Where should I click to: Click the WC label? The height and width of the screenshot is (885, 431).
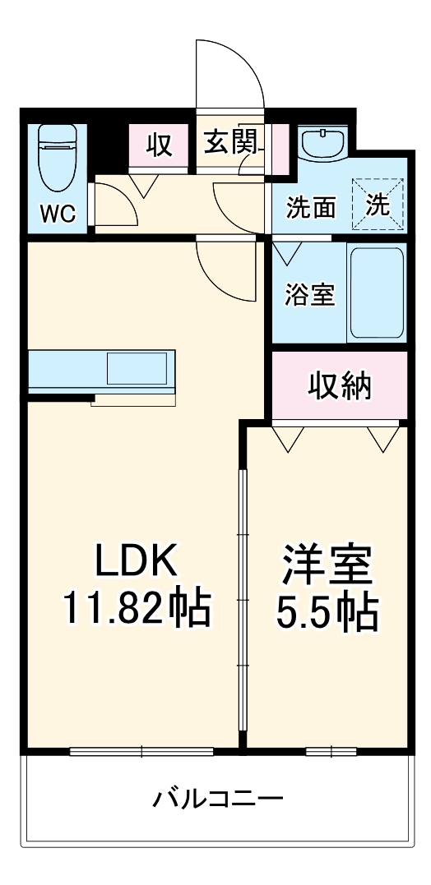point(58,214)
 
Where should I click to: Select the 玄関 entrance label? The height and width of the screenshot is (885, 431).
point(229,145)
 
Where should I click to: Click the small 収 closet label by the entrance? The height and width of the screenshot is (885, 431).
point(160,145)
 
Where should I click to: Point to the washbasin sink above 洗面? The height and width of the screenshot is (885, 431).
point(322,146)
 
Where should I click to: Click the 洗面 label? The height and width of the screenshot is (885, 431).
point(311,208)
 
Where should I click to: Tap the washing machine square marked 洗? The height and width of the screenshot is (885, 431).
point(378,205)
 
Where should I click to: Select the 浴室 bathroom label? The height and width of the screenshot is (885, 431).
point(310,295)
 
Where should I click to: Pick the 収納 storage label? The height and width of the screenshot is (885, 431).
point(340,385)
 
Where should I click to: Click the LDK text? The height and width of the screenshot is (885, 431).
point(136,563)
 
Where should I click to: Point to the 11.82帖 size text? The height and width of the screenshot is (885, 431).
point(136,610)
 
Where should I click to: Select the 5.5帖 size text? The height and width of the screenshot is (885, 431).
point(326,611)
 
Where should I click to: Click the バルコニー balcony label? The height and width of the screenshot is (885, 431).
point(218,797)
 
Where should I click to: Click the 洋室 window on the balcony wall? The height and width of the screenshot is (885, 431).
point(331,750)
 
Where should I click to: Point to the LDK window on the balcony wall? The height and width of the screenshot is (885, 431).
point(141,750)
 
